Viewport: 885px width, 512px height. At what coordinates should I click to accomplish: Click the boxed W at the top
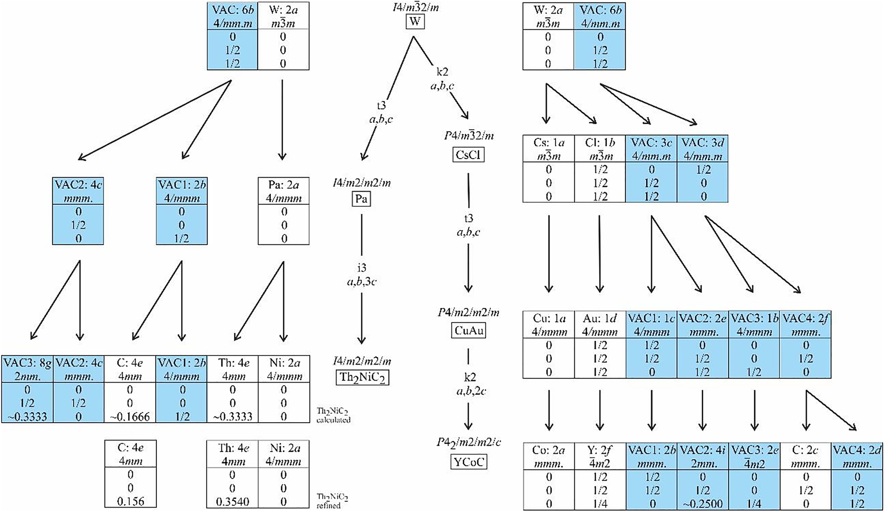click(x=414, y=22)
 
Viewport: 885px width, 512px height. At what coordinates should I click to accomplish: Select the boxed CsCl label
click(x=468, y=155)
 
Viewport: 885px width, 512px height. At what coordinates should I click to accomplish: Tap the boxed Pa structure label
click(x=361, y=199)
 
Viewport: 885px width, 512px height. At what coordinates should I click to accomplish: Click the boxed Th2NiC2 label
click(x=362, y=378)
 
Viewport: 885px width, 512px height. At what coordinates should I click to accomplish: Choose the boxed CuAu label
click(x=468, y=330)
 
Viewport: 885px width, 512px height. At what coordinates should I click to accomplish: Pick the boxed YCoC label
click(x=468, y=462)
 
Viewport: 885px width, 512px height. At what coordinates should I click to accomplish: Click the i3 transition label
click(x=362, y=268)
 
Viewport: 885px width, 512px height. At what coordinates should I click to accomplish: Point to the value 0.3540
click(x=232, y=502)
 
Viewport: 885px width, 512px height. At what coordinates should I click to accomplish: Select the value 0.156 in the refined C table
click(x=130, y=501)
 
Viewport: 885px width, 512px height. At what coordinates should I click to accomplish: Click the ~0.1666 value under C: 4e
click(x=130, y=416)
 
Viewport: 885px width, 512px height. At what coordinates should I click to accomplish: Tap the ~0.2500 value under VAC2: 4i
click(x=702, y=504)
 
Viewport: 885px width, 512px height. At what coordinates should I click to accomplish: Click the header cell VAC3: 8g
click(x=27, y=369)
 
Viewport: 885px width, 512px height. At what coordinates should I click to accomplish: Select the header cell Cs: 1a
click(x=549, y=149)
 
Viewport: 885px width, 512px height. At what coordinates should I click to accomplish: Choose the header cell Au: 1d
click(x=600, y=324)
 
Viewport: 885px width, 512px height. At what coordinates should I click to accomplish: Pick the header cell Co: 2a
click(x=549, y=457)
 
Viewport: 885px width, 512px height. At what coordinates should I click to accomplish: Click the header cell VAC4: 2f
click(x=805, y=324)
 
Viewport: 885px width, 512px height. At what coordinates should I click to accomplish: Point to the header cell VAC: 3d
click(x=702, y=149)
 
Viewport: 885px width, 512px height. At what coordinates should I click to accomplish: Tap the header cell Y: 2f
click(x=600, y=457)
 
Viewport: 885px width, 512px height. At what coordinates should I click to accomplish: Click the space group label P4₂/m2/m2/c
click(x=468, y=442)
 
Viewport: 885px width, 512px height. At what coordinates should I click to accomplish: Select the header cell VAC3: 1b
click(x=754, y=324)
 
